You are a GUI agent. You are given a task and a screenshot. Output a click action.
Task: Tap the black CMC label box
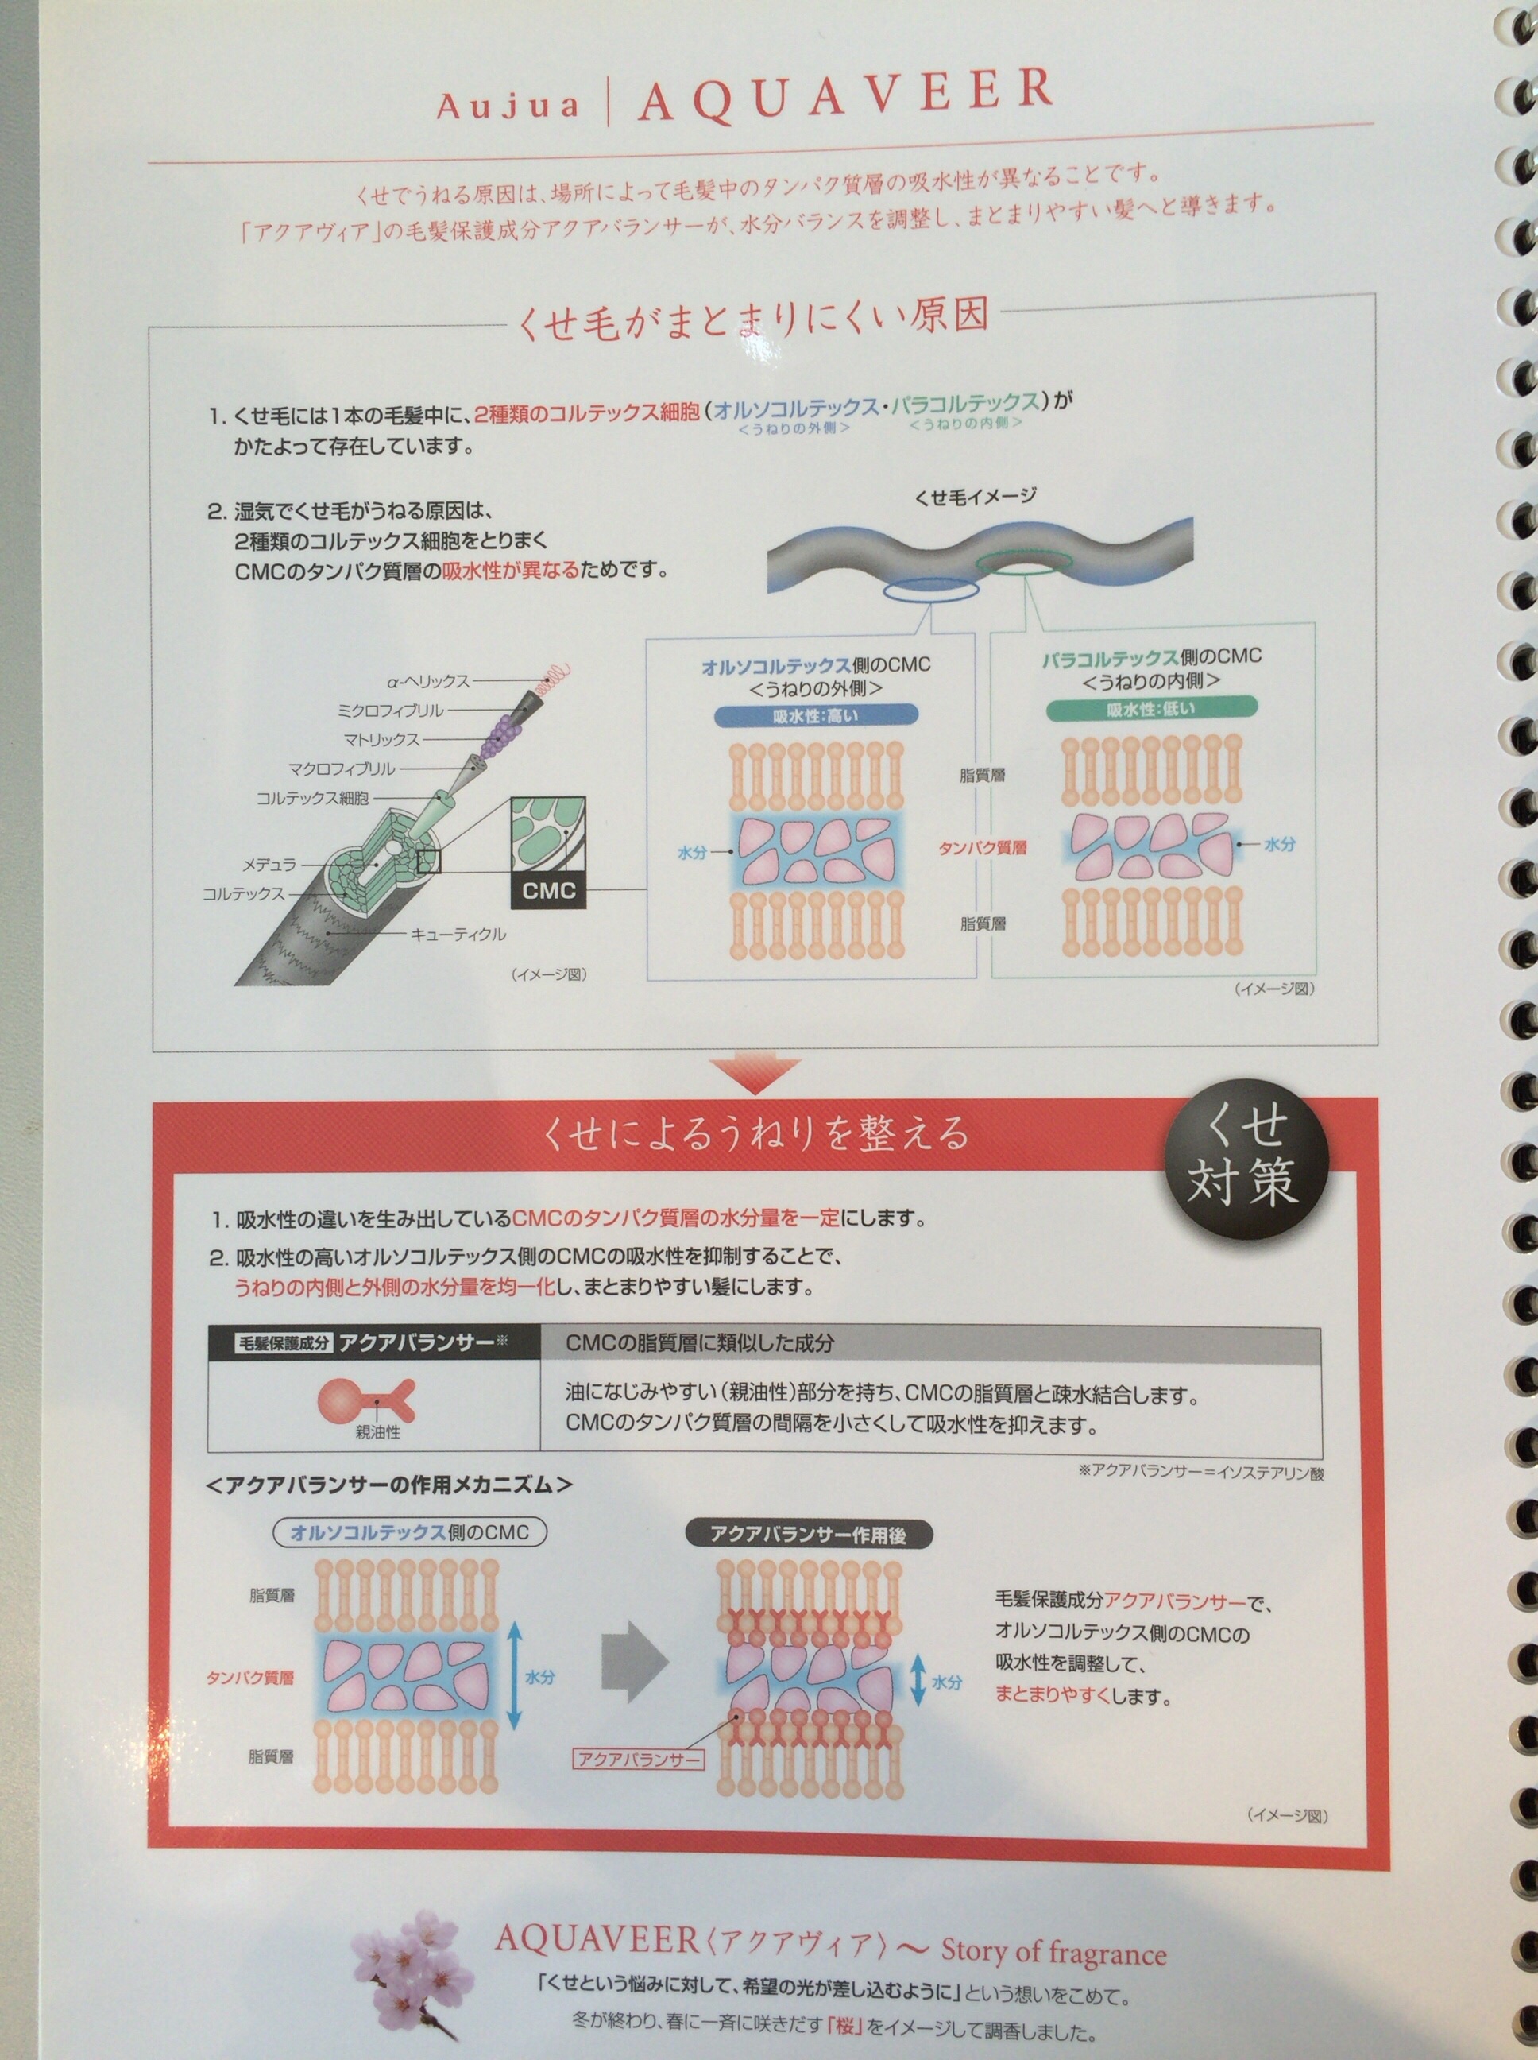(x=548, y=890)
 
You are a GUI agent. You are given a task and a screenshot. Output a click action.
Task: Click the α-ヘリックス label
(x=429, y=681)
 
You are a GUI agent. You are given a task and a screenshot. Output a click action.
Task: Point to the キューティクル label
(x=459, y=933)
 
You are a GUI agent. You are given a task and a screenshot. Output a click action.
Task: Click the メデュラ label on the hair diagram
(x=269, y=864)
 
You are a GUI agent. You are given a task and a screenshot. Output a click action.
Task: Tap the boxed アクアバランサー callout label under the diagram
(x=639, y=1733)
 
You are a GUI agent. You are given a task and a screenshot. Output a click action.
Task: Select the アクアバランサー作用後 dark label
(x=808, y=1535)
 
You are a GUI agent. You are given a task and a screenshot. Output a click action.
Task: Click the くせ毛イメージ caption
(x=975, y=497)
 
